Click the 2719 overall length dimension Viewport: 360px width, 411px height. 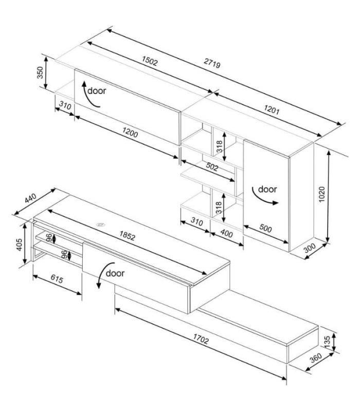tap(212, 63)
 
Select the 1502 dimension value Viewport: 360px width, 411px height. tap(150, 61)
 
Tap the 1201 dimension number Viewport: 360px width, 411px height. tap(272, 109)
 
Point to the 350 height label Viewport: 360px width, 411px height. tap(40, 72)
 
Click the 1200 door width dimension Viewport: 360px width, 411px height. tap(130, 133)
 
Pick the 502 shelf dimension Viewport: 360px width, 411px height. tap(212, 166)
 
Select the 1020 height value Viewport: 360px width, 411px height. tap(322, 194)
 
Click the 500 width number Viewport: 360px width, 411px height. tap(265, 228)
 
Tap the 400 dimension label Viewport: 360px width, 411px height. tap(226, 233)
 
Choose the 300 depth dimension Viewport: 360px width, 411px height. tap(310, 248)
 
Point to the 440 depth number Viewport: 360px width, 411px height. tap(31, 198)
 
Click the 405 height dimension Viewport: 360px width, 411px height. tap(20, 245)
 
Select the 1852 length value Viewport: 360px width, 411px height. tap(127, 235)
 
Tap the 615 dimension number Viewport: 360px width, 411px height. tap(57, 279)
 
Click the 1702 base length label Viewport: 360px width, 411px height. tap(201, 339)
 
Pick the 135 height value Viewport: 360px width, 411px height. tap(327, 342)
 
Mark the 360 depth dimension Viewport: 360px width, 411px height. tap(316, 358)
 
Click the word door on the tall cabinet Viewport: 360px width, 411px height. tap(267, 189)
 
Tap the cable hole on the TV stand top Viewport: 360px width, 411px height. tap(100, 225)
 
